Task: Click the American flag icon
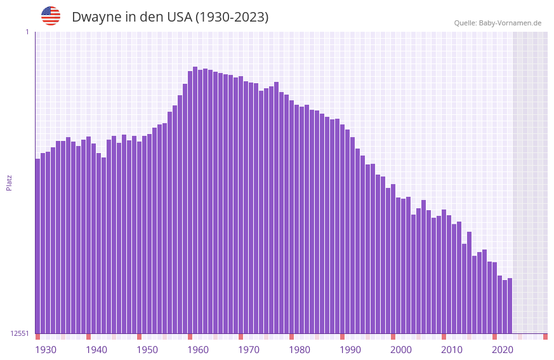point(51,16)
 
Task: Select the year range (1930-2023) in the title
point(232,18)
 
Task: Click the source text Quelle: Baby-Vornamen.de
point(498,23)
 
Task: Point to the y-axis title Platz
point(9,182)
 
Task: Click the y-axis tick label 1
point(27,32)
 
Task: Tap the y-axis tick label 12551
point(20,333)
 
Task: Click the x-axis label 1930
point(46,350)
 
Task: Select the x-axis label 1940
point(96,350)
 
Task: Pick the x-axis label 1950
point(147,350)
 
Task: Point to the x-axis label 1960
point(198,350)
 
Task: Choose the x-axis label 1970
point(249,350)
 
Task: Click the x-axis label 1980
point(300,350)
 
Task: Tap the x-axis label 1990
point(350,350)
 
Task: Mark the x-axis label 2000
point(401,350)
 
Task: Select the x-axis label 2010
point(452,350)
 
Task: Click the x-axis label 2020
point(503,350)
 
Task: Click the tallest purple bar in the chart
point(195,200)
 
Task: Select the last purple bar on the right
point(510,305)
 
